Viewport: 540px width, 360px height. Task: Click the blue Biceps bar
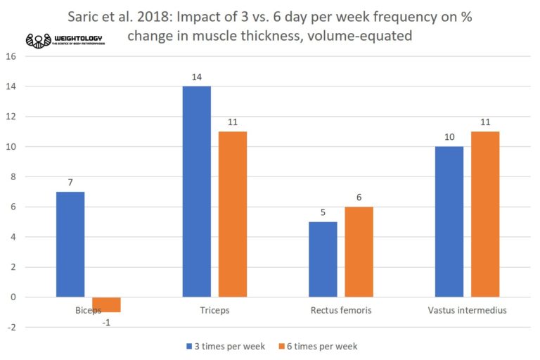tap(70, 244)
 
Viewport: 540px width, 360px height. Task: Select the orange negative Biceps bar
tap(106, 304)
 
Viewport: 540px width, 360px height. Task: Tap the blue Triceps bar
tap(196, 191)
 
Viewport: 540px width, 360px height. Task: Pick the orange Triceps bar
tap(232, 214)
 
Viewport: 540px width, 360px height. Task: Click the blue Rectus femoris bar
tap(323, 259)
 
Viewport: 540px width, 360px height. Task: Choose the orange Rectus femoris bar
tap(359, 252)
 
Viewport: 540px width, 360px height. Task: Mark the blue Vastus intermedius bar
tap(449, 221)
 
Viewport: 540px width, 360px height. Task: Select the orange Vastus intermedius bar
tap(485, 214)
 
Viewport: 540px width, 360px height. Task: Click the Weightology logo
tap(66, 39)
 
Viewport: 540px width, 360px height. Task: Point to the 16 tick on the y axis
tap(10, 56)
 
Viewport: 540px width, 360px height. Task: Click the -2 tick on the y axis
tap(10, 327)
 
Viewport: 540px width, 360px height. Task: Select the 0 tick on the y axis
tap(11, 297)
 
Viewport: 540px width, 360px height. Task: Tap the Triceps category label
tap(214, 310)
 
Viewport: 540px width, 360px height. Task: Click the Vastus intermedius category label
tap(467, 310)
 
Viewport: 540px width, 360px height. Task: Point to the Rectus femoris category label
tap(340, 310)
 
